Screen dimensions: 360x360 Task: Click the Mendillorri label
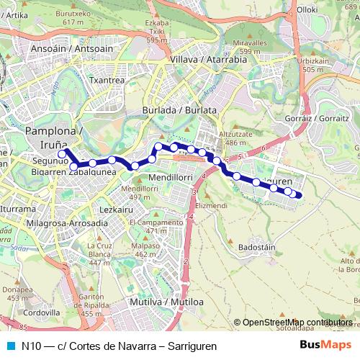[168, 176]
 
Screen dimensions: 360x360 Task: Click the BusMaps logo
[325, 345]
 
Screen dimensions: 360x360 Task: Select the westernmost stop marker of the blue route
[62, 153]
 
